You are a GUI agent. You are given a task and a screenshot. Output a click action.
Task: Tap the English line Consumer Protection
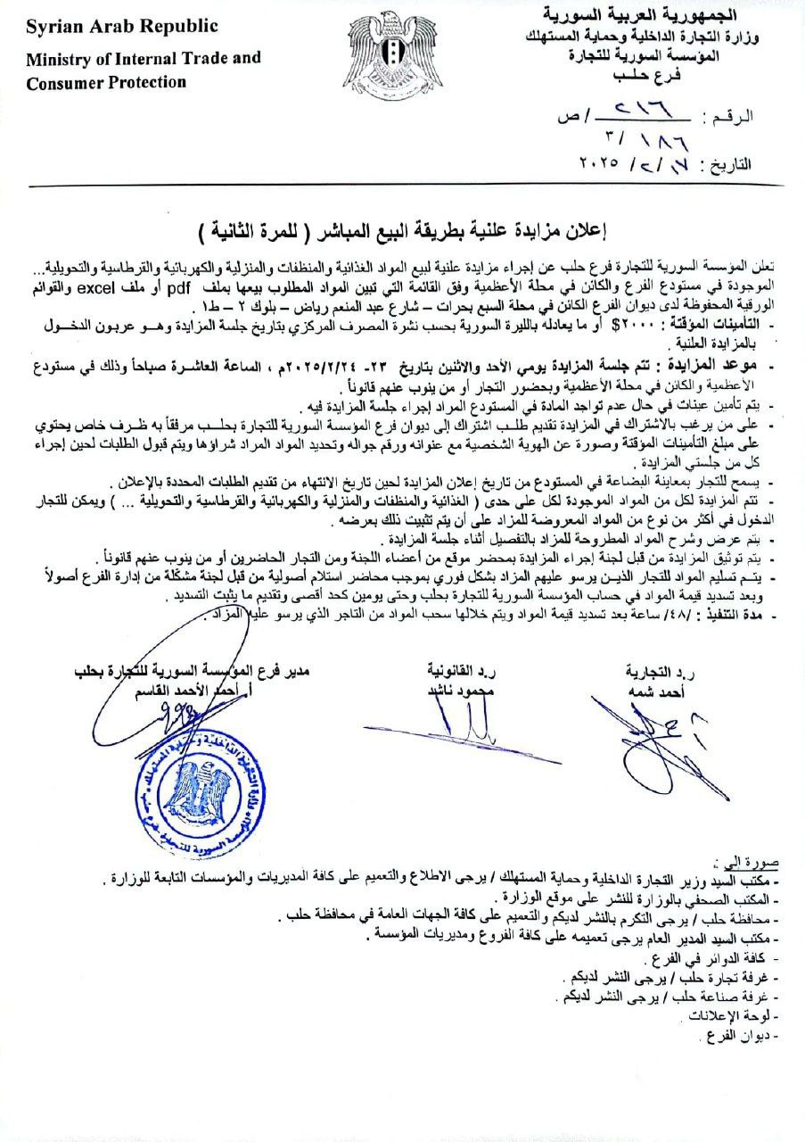[106, 83]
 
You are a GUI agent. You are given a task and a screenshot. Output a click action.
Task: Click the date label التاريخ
[729, 165]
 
